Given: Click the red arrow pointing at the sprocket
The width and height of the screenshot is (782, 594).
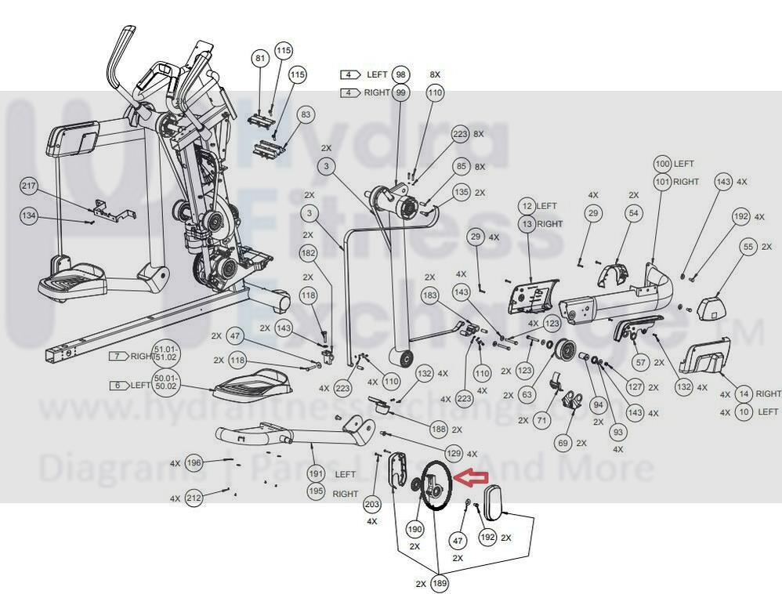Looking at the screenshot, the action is [472, 476].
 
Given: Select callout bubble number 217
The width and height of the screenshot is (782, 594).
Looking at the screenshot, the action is [29, 187].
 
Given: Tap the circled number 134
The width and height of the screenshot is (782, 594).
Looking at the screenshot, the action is [29, 216].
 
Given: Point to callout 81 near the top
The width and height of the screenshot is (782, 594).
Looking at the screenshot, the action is [261, 59].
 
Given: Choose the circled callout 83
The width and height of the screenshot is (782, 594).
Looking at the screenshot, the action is [306, 114].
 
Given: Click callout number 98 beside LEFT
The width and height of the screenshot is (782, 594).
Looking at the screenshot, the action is [401, 74].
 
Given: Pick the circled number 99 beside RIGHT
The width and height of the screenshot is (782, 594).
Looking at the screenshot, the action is [401, 92].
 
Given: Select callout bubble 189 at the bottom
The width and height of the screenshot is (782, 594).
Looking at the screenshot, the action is [440, 583].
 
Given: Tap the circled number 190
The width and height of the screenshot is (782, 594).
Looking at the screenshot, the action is [415, 530].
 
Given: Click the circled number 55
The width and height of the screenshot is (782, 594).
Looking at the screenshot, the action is [748, 247].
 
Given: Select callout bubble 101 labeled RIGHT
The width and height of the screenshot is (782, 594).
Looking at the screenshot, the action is [663, 182].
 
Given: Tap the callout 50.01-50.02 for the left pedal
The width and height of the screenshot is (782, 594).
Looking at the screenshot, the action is [165, 386].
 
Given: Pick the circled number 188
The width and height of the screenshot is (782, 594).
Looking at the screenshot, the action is [440, 429].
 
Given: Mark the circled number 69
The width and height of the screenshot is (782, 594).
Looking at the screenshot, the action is [563, 443].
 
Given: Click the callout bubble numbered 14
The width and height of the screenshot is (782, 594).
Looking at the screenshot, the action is [744, 394].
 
